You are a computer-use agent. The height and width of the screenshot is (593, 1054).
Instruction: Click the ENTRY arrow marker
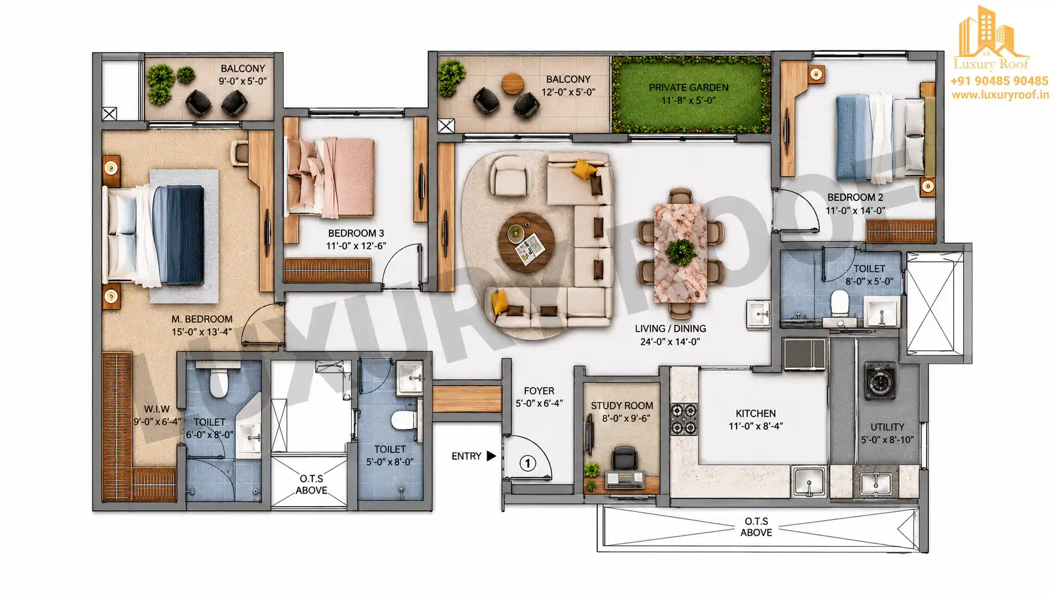(491, 456)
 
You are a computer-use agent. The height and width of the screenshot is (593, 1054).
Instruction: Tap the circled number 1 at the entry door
(528, 463)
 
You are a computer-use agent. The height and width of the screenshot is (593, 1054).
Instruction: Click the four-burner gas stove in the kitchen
(683, 419)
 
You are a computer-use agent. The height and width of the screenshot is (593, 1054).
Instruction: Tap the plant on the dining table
(681, 253)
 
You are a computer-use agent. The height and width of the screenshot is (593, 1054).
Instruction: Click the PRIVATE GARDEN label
(688, 87)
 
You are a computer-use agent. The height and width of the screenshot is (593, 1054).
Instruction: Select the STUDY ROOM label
(622, 406)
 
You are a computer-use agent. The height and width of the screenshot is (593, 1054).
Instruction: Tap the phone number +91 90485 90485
(999, 81)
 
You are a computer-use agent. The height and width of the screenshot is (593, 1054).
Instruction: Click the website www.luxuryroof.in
(1000, 95)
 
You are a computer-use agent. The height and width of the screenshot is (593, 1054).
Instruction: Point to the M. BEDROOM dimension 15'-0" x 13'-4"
(201, 332)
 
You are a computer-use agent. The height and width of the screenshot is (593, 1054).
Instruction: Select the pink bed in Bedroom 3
(330, 177)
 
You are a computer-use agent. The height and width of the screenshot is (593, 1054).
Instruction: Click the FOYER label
(539, 391)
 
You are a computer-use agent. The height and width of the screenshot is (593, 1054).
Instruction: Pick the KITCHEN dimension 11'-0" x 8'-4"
(756, 426)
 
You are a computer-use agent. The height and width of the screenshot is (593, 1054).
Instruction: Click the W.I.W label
(157, 409)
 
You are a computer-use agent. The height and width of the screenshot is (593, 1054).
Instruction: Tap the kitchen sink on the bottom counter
(809, 482)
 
